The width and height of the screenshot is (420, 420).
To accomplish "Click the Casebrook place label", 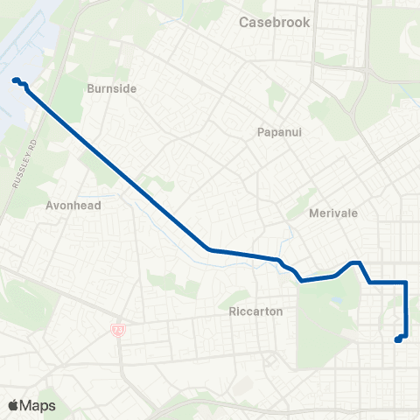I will click(x=274, y=23).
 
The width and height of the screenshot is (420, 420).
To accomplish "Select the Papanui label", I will click(x=278, y=132).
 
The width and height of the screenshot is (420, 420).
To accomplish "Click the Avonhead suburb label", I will click(x=73, y=206).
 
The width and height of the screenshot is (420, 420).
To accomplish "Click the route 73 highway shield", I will click(x=118, y=328).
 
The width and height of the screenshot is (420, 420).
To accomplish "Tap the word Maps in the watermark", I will click(x=38, y=405).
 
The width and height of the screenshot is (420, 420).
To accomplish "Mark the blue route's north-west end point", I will click(x=16, y=81).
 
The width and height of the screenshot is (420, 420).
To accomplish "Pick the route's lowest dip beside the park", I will click(x=301, y=281).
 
